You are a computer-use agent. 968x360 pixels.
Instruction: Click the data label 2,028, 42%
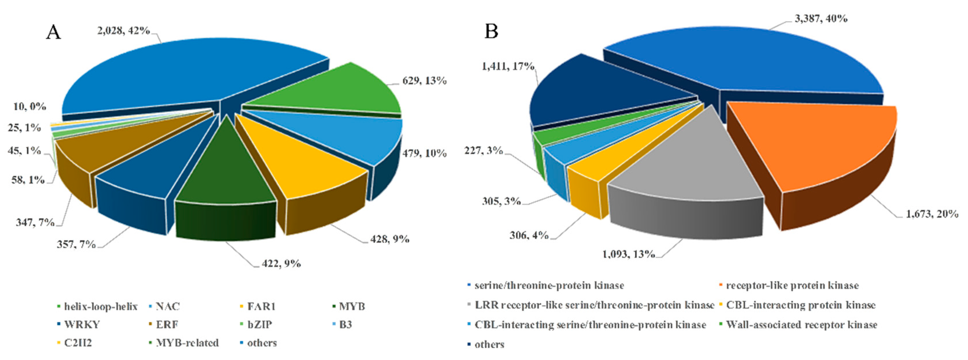pyautogui.click(x=124, y=30)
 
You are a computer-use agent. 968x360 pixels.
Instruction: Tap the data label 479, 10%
pyautogui.click(x=425, y=153)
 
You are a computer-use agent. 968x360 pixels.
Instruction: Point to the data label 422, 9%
pyautogui.click(x=281, y=263)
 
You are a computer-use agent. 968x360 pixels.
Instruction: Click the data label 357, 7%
pyautogui.click(x=76, y=245)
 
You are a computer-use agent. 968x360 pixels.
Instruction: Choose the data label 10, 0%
pyautogui.click(x=30, y=107)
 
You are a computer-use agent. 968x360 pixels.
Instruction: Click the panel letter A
pyautogui.click(x=53, y=32)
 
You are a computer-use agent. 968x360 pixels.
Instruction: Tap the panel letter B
pyautogui.click(x=492, y=31)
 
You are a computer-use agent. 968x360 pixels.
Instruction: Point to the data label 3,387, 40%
pyautogui.click(x=821, y=18)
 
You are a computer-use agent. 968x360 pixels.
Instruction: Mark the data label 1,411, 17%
pyautogui.click(x=508, y=66)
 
